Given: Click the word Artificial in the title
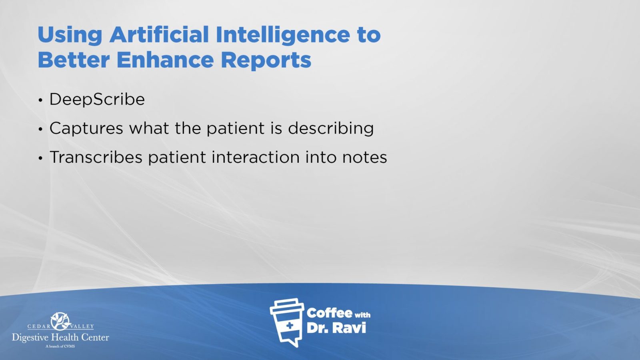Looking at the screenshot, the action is tap(159, 34).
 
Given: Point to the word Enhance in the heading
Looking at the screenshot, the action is tap(165, 60).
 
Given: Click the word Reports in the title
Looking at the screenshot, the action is tap(266, 61).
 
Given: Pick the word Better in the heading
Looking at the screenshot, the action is tap(74, 60).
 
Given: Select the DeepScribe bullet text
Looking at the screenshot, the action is tap(97, 100).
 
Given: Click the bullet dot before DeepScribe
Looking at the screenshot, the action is tap(40, 100).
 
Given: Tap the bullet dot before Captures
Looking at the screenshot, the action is tap(40, 129).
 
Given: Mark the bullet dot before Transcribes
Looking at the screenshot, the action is tap(40, 158).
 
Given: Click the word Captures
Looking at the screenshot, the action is tap(86, 128).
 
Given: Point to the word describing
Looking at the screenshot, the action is tap(331, 128).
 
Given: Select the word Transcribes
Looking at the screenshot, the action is tap(96, 157).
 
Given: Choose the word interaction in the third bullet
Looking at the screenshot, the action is tap(256, 157).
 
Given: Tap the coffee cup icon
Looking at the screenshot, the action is tap(287, 322).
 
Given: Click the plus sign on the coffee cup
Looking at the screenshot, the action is tap(290, 326).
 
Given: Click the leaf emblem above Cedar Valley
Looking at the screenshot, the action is tap(60, 321).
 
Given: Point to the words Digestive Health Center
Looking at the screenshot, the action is tap(60, 338).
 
